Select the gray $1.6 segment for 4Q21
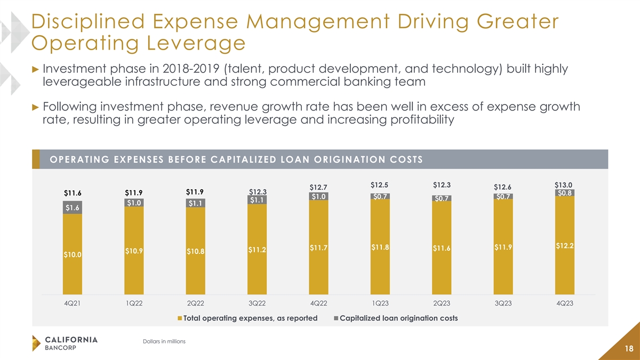pos(72,207)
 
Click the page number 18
pos(628,348)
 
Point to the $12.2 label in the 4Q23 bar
pos(565,245)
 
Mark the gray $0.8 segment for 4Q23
pos(565,193)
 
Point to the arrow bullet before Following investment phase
pos(36,107)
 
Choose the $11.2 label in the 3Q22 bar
pos(257,249)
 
